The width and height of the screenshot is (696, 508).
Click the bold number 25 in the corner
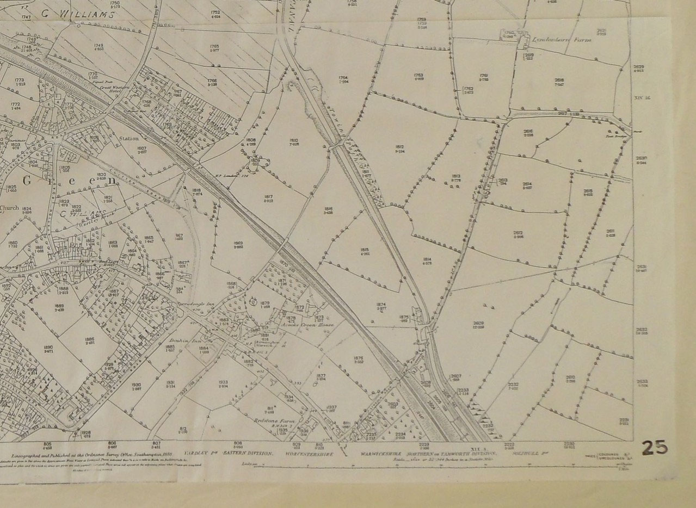click(x=655, y=447)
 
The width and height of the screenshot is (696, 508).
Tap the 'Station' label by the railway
click(x=128, y=139)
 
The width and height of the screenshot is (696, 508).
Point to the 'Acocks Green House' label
click(x=305, y=325)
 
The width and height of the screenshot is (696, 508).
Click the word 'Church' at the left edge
click(x=9, y=207)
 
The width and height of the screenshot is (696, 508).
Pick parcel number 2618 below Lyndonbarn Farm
click(x=559, y=82)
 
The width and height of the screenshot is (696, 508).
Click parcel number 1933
click(x=223, y=383)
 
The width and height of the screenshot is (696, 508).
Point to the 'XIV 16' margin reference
click(x=642, y=98)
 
